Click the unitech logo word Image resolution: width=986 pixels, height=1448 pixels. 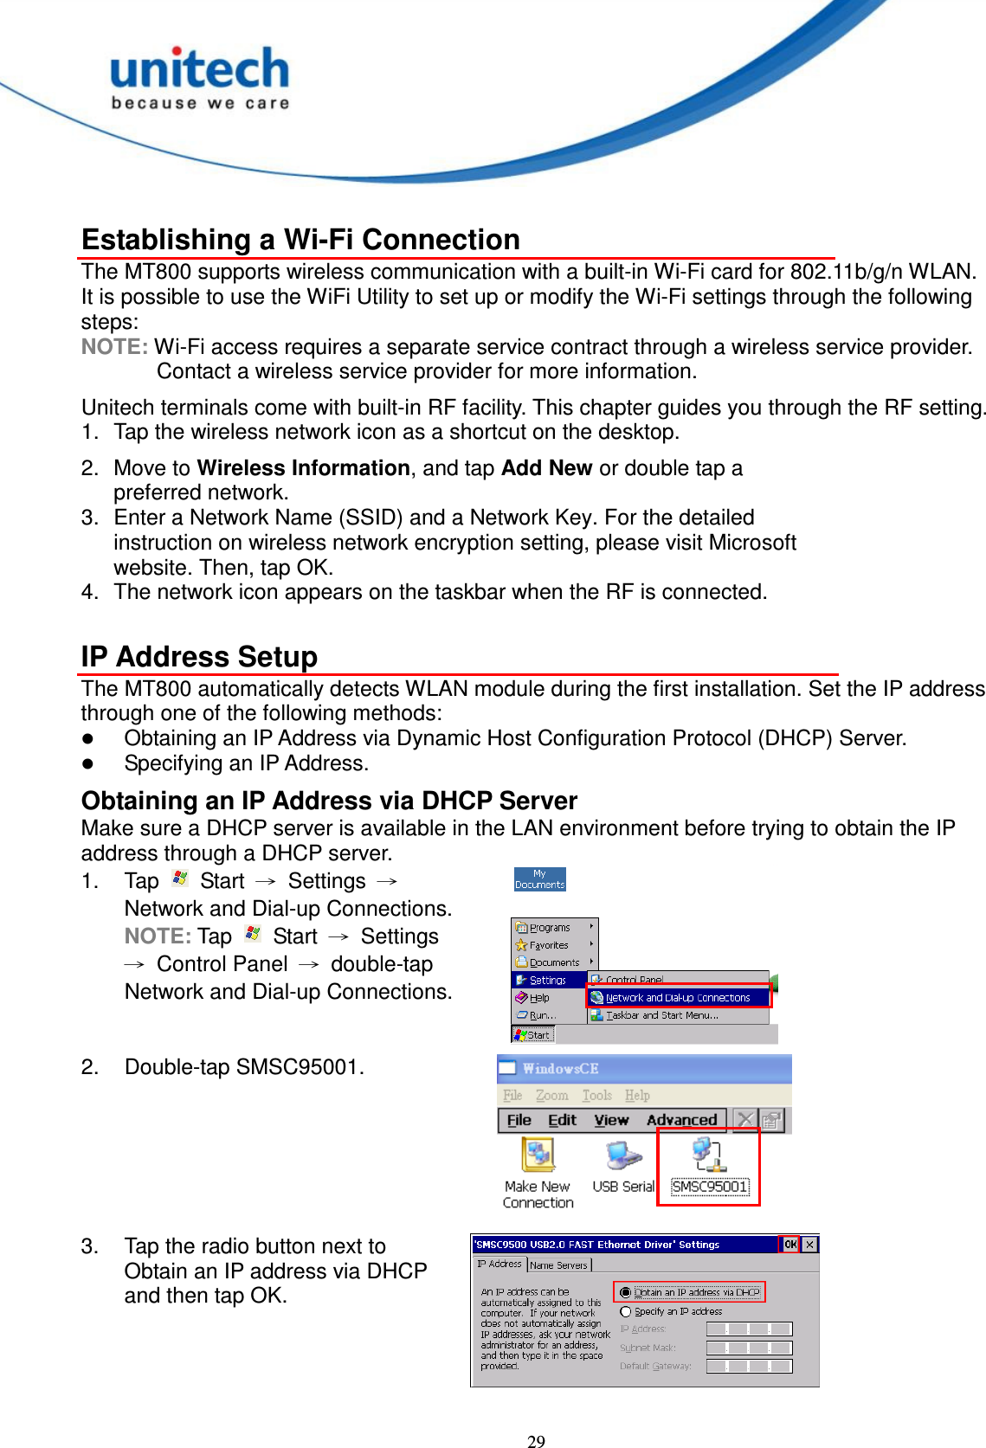(x=199, y=69)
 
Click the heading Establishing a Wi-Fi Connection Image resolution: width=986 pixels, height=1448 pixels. (x=300, y=240)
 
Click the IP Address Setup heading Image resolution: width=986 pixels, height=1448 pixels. (x=199, y=657)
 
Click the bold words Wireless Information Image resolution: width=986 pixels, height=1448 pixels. (x=303, y=468)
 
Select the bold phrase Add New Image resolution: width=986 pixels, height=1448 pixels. (x=546, y=468)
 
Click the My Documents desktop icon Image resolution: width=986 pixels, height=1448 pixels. (x=539, y=879)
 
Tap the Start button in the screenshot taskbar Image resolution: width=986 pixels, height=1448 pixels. (x=532, y=1034)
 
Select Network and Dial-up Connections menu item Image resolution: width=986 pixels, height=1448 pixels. (x=677, y=997)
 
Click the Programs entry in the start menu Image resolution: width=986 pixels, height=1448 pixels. (x=549, y=927)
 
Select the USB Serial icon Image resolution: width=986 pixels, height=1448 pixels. (x=622, y=1165)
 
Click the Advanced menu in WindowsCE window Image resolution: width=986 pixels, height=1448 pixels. (x=681, y=1120)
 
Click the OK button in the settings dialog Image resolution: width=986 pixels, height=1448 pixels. (x=789, y=1245)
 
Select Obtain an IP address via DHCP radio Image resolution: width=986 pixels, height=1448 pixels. (x=626, y=1292)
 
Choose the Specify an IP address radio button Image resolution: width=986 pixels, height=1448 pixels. (x=626, y=1311)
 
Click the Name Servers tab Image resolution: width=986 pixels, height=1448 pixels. (x=558, y=1265)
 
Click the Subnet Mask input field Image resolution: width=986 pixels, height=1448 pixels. (x=749, y=1348)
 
